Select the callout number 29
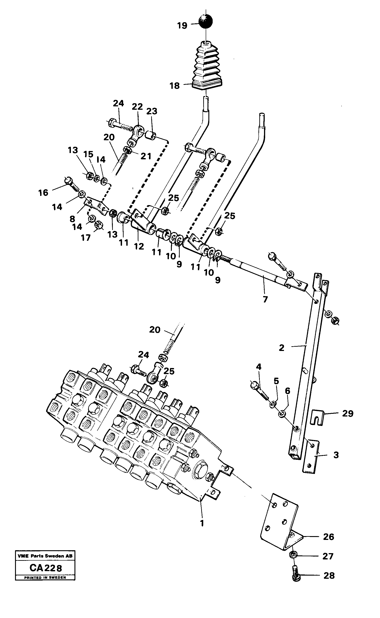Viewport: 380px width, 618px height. pos(347,414)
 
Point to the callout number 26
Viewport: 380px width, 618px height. pos(328,537)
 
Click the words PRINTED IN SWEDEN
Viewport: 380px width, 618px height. pos(45,578)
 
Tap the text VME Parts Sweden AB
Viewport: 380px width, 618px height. pos(45,556)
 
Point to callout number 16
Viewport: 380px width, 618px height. pos(43,193)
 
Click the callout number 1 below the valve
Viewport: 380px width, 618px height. pos(202,523)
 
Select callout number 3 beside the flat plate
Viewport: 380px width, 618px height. pos(336,455)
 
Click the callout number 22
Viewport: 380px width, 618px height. pos(137,107)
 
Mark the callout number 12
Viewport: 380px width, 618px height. pos(139,246)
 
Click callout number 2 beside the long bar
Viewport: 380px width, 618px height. pos(282,348)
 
